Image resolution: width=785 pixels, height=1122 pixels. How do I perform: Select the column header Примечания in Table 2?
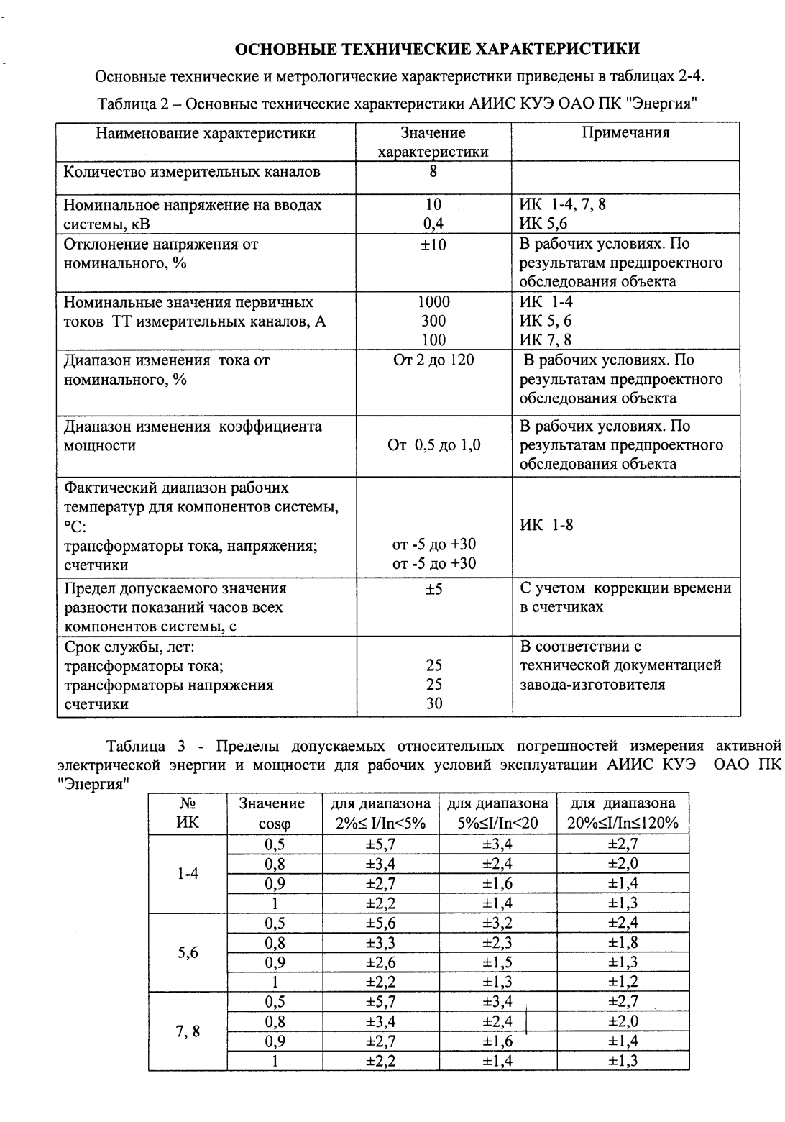[625, 133]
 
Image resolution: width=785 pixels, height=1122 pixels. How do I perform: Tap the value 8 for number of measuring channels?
[433, 172]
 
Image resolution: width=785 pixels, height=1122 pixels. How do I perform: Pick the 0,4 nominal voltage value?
[433, 224]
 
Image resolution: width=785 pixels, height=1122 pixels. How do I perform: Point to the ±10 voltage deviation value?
[433, 245]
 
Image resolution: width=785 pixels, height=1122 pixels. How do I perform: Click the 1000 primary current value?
[433, 302]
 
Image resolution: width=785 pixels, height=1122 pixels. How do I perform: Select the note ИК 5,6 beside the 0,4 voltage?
[543, 224]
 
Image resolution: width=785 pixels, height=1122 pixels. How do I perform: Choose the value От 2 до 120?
[433, 360]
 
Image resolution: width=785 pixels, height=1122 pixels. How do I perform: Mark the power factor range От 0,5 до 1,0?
[433, 446]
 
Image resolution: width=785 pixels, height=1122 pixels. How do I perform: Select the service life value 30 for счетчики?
[433, 704]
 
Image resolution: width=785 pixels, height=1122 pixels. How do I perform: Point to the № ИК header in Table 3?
[188, 813]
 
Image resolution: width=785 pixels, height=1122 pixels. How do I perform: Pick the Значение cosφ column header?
[272, 813]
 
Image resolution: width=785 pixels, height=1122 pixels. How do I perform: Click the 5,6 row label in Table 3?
[188, 953]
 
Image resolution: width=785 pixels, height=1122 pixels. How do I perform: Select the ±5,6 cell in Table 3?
[381, 923]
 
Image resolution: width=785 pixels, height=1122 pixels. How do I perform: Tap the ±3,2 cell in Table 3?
[497, 923]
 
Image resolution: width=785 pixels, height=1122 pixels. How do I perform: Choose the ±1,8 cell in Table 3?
[623, 943]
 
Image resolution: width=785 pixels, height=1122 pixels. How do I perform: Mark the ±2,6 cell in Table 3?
[381, 962]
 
